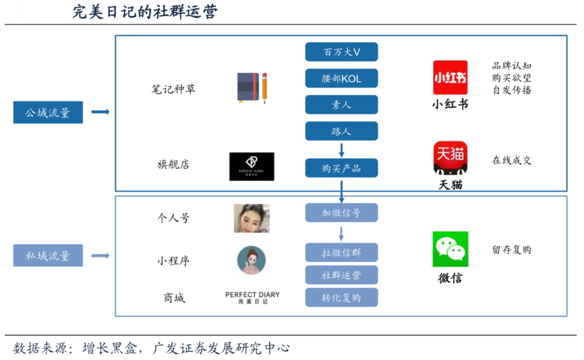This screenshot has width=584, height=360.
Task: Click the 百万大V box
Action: tap(341, 53)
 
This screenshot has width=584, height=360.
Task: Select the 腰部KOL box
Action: tap(341, 78)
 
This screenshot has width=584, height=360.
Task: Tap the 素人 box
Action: tap(341, 105)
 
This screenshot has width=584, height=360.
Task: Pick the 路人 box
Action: tap(341, 131)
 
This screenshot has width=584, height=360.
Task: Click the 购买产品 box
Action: tap(341, 168)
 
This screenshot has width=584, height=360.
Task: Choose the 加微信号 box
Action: tap(341, 213)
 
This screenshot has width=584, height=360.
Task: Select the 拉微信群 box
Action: tap(341, 253)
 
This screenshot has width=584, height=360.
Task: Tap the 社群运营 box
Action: tap(341, 275)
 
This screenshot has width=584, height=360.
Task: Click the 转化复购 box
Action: tap(341, 297)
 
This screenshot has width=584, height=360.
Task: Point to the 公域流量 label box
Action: tap(48, 112)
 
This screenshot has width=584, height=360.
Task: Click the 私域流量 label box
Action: tap(48, 255)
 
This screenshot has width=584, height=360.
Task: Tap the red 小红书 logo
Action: tap(450, 78)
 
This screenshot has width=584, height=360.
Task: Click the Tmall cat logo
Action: tap(450, 159)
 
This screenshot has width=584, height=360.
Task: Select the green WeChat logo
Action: tap(450, 249)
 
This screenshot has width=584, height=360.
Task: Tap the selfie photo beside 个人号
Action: tap(251, 218)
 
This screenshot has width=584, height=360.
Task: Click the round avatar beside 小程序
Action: tap(251, 260)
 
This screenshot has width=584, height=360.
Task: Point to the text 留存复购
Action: tap(511, 249)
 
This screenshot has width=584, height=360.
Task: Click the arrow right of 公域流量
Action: tap(100, 112)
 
